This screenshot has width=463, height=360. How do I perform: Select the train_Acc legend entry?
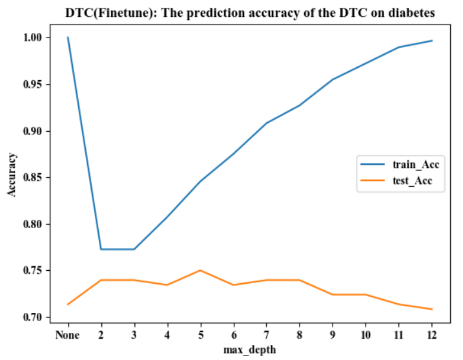click(x=400, y=164)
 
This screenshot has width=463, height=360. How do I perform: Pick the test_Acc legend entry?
click(x=396, y=180)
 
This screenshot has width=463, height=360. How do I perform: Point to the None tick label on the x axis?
click(x=68, y=335)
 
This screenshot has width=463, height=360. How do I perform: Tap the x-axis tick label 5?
click(x=200, y=335)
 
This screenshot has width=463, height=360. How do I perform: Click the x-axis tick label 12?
click(x=432, y=335)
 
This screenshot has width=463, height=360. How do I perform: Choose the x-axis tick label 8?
click(x=300, y=335)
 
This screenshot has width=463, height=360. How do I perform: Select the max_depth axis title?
click(x=250, y=350)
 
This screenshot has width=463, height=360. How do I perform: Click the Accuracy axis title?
click(x=12, y=175)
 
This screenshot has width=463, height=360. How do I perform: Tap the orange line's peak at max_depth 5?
click(x=200, y=270)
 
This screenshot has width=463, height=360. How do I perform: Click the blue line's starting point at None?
click(x=68, y=37)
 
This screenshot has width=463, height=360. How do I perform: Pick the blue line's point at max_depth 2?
click(x=101, y=249)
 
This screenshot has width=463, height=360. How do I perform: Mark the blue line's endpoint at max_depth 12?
click(x=432, y=41)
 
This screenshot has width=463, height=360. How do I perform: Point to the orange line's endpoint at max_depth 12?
click(x=432, y=309)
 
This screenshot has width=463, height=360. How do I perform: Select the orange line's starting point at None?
click(x=68, y=304)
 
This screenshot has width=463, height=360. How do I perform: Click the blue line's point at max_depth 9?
click(x=333, y=79)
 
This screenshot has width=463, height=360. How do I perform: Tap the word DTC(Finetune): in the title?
click(x=111, y=13)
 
